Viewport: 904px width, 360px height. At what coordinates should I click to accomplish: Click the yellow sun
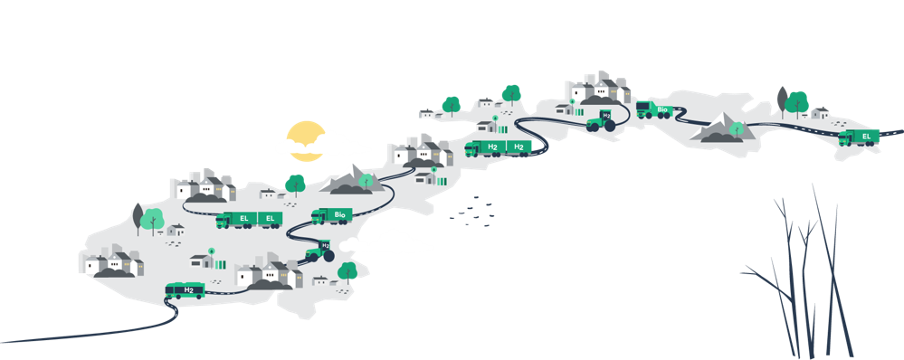pyautogui.click(x=306, y=140)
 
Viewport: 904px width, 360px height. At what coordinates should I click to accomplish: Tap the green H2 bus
pyautogui.click(x=186, y=290)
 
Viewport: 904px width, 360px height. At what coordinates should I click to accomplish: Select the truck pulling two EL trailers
pyautogui.click(x=249, y=220)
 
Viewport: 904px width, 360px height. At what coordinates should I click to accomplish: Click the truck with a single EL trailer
pyautogui.click(x=859, y=137)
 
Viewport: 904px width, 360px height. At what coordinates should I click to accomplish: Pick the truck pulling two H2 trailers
pyautogui.click(x=498, y=148)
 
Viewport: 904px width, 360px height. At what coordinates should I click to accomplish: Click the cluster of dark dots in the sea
pyautogui.click(x=472, y=211)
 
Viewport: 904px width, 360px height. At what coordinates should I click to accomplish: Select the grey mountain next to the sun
pyautogui.click(x=352, y=180)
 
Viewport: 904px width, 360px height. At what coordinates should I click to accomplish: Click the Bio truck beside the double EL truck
pyautogui.click(x=331, y=216)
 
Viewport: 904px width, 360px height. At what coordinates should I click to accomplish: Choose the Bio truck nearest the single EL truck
pyautogui.click(x=654, y=109)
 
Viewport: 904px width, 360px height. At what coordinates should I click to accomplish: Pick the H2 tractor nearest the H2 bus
pyautogui.click(x=320, y=251)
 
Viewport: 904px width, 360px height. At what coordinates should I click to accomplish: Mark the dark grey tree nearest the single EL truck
pyautogui.click(x=782, y=100)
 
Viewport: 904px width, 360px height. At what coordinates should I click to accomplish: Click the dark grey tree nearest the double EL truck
pyautogui.click(x=138, y=218)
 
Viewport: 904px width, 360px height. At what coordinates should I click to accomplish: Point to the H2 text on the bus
pyautogui.click(x=188, y=289)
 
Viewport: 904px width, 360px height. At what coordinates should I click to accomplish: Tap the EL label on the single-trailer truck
pyautogui.click(x=866, y=136)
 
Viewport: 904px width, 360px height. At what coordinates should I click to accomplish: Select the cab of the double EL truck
pyautogui.click(x=224, y=222)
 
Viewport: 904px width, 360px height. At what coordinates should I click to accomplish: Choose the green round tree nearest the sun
pyautogui.click(x=295, y=185)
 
